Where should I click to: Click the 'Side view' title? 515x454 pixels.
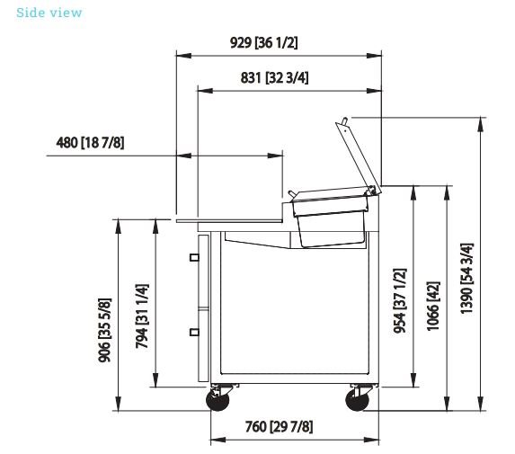(x=49, y=13)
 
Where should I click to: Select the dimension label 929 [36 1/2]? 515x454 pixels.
(x=263, y=43)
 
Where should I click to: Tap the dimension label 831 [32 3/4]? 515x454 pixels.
(x=274, y=78)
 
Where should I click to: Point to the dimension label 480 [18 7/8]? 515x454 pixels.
(x=90, y=143)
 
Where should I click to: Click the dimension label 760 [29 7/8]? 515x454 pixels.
(x=279, y=427)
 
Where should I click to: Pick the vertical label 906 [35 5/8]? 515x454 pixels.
(x=105, y=330)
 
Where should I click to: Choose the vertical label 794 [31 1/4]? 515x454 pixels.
(x=142, y=316)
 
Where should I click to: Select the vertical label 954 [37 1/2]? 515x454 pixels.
(x=400, y=301)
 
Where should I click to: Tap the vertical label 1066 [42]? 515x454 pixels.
(x=433, y=306)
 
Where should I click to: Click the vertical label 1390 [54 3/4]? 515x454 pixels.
(x=466, y=279)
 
